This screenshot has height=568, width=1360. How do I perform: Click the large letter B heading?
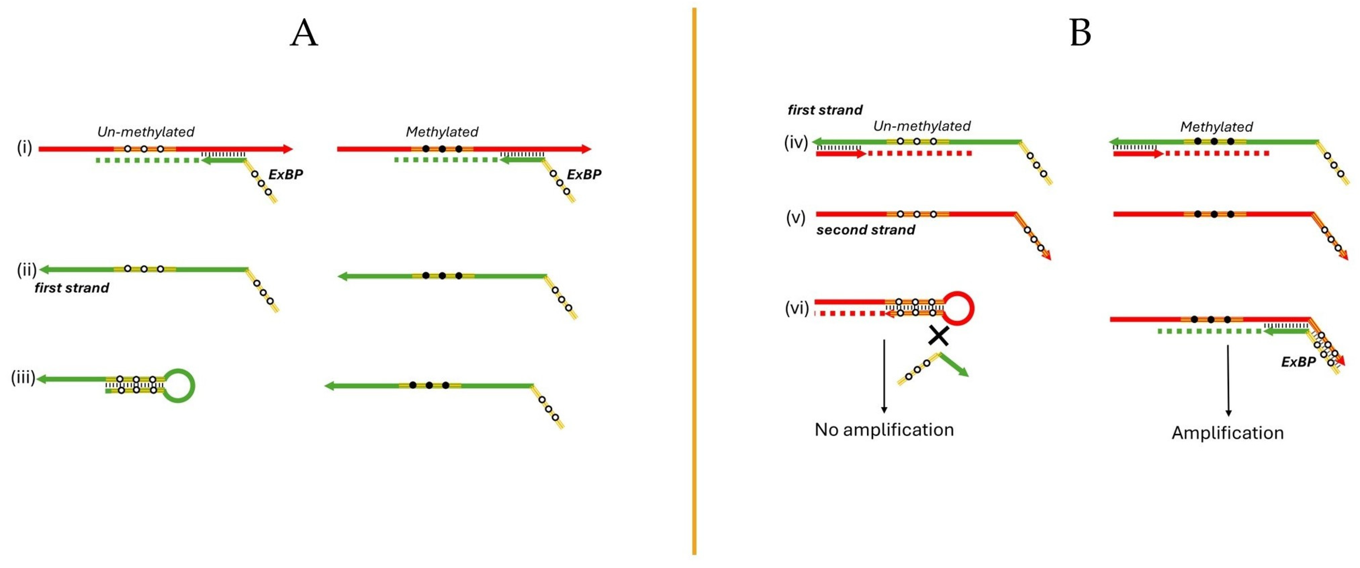[1080, 33]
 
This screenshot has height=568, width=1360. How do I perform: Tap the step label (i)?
[24, 148]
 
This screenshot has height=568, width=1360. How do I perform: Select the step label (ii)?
[26, 270]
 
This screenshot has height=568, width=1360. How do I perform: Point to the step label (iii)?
[23, 378]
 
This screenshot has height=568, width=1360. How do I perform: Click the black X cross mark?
[939, 335]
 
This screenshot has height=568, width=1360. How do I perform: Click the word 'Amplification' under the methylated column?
[1228, 433]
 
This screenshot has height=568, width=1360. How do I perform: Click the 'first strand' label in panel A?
[72, 288]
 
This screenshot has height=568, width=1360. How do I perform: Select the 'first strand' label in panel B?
[825, 110]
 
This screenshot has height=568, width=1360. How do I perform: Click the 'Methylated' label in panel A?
[442, 131]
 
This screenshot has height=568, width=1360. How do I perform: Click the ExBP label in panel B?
[1298, 362]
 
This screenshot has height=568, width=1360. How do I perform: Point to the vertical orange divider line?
[694, 280]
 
